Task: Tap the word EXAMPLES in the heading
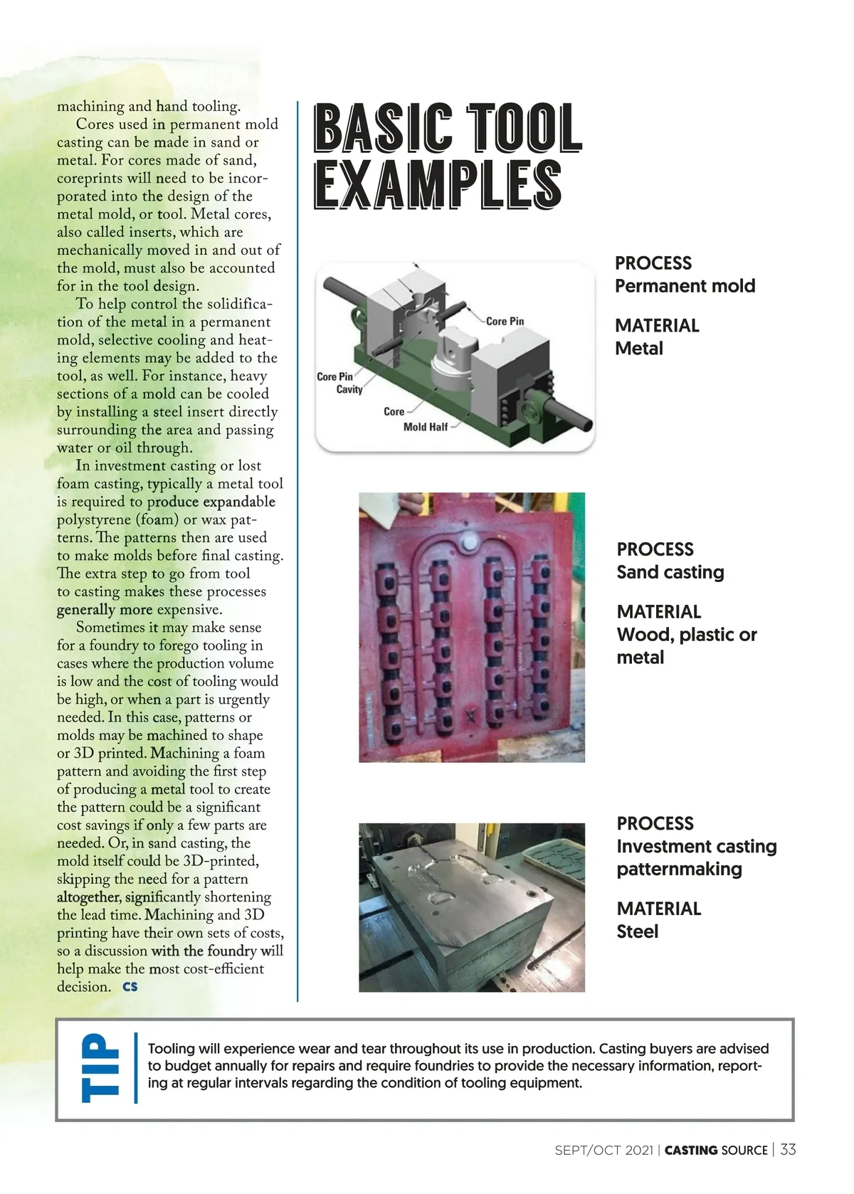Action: [438, 185]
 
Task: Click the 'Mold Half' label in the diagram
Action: [425, 427]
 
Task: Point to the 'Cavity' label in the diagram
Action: [349, 389]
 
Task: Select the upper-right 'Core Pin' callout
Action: [505, 321]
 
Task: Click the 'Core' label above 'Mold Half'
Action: [394, 411]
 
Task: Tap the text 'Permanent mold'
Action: [685, 286]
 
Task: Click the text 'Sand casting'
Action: [670, 572]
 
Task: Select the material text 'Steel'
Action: [637, 931]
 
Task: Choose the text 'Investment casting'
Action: [696, 846]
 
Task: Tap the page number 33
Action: [788, 1150]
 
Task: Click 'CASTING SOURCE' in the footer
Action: [716, 1151]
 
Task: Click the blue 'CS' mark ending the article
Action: [130, 987]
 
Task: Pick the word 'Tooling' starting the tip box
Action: [171, 1049]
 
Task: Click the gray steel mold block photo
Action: [471, 907]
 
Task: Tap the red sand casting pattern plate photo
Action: [471, 627]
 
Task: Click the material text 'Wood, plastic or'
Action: [686, 635]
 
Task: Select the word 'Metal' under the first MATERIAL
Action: [638, 349]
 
